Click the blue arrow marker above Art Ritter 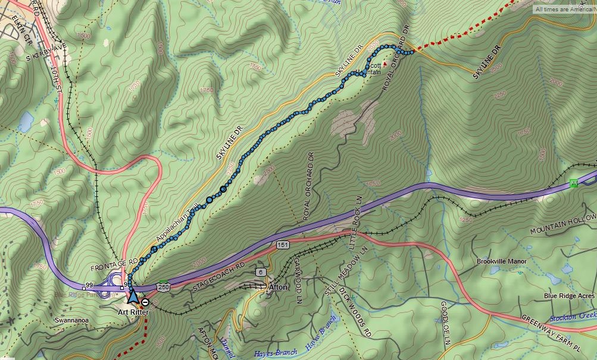click(132, 295)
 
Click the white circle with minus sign click(145, 302)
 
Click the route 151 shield click(282, 245)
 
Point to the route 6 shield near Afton click(261, 272)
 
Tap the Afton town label click(278, 287)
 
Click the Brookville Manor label click(501, 261)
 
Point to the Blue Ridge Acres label click(569, 296)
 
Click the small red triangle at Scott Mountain click(385, 62)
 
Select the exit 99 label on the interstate click(89, 287)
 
